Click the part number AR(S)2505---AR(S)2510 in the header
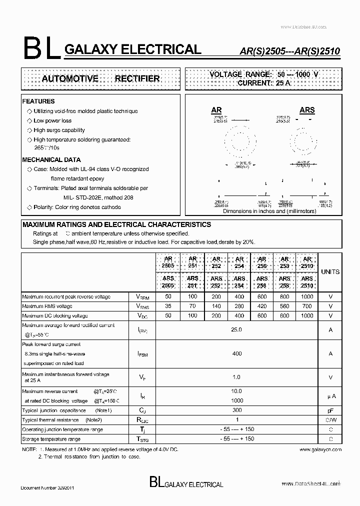[x=283, y=51]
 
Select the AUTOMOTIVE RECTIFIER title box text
[x=100, y=78]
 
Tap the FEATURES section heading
[x=38, y=101]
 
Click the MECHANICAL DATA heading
[x=51, y=160]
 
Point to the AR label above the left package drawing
[x=216, y=110]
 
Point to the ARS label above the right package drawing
[x=307, y=110]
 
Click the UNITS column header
[x=330, y=272]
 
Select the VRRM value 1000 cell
[x=307, y=296]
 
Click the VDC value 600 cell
[x=262, y=315]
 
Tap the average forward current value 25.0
[x=237, y=330]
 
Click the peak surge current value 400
[x=237, y=353]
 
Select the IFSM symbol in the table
[x=142, y=353]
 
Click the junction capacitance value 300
[x=237, y=410]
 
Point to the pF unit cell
[x=330, y=410]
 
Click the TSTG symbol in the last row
[x=142, y=439]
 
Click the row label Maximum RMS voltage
[x=47, y=306]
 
